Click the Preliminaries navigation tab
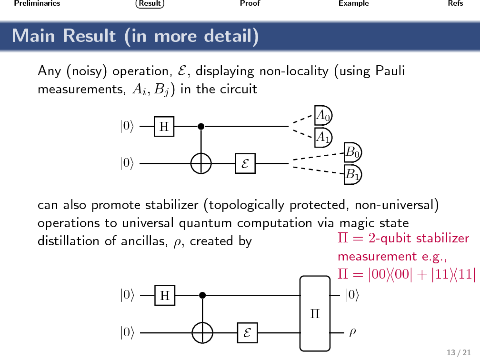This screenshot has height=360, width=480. click(x=37, y=4)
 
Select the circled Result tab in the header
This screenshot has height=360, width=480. click(x=150, y=4)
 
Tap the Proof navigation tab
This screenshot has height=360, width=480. click(x=250, y=4)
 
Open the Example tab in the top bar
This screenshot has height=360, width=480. click(x=353, y=4)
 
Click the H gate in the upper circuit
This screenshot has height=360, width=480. click(x=164, y=127)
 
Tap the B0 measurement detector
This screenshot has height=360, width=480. click(x=353, y=152)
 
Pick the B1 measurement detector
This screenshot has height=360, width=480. click(x=353, y=175)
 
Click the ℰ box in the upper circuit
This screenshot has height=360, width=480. click(x=245, y=164)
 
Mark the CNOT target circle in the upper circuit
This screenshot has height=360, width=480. click(x=201, y=164)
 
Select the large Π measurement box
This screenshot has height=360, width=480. click(x=315, y=314)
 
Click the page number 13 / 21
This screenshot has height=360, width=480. click(x=455, y=352)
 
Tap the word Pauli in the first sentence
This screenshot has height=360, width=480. click(x=390, y=71)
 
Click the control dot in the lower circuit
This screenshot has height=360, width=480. click(x=202, y=296)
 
